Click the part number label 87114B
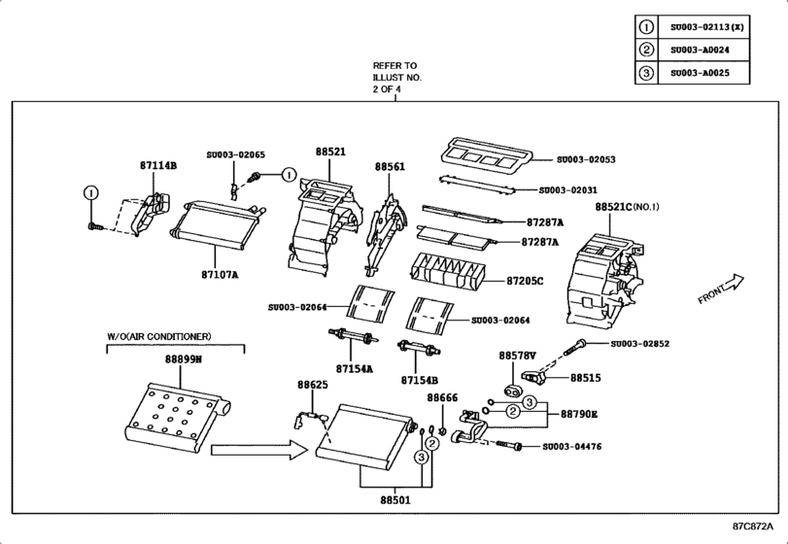[x=157, y=166]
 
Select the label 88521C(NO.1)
[x=627, y=207]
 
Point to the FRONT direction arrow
[x=720, y=289]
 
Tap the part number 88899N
[x=183, y=358]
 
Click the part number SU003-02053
[x=586, y=158]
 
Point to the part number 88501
[x=394, y=501]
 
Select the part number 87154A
[x=354, y=369]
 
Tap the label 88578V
[x=518, y=356]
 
